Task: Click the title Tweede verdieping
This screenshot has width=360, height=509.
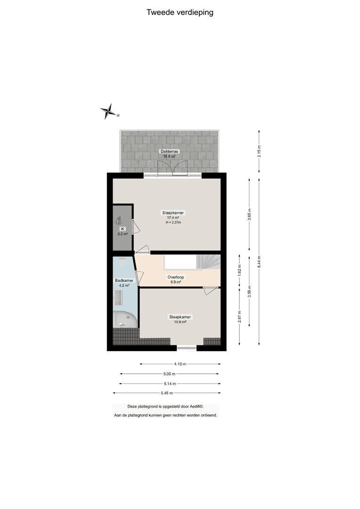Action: point(180,12)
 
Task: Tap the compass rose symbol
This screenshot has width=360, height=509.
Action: point(109,112)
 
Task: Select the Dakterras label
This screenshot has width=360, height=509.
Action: point(170,151)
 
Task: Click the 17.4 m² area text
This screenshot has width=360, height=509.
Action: point(173,218)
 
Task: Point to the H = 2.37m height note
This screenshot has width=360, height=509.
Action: point(173,222)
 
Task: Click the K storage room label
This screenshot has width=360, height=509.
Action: point(123,229)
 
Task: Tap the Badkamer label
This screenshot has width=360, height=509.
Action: point(124,280)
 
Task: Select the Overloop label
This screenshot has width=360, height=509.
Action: point(176,277)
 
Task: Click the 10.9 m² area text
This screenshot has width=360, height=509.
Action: point(180,322)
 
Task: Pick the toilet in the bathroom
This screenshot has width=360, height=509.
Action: point(122,261)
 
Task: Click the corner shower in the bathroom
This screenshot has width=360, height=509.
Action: point(124,320)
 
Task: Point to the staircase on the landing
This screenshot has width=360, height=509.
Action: point(208,262)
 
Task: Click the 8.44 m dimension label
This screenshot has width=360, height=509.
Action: point(259,262)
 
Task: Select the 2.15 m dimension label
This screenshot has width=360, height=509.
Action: point(259,151)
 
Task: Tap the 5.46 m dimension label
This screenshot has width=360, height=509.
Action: point(167,393)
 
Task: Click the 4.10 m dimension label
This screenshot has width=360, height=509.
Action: point(180,364)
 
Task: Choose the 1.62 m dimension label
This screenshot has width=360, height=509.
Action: point(239,271)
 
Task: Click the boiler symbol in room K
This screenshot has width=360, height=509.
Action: point(119,221)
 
